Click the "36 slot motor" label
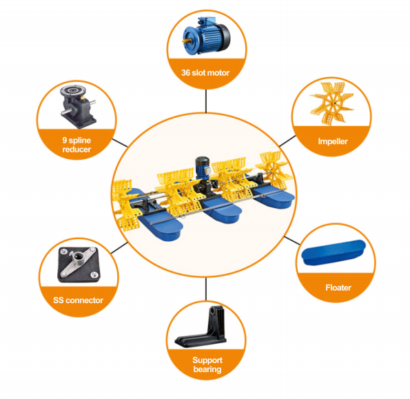[x=205, y=72]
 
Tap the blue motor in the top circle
[x=207, y=35]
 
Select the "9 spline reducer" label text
[x=76, y=145]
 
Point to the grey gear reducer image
[x=78, y=106]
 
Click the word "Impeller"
[x=333, y=141]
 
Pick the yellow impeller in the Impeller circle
[x=331, y=103]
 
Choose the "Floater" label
[x=338, y=287]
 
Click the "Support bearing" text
[x=207, y=365]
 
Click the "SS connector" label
[x=78, y=300]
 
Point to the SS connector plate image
[x=79, y=265]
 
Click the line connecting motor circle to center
[x=206, y=101]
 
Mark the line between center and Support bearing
[x=206, y=289]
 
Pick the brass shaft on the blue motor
[x=187, y=41]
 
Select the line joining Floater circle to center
[x=292, y=241]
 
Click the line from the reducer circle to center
[x=120, y=143]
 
